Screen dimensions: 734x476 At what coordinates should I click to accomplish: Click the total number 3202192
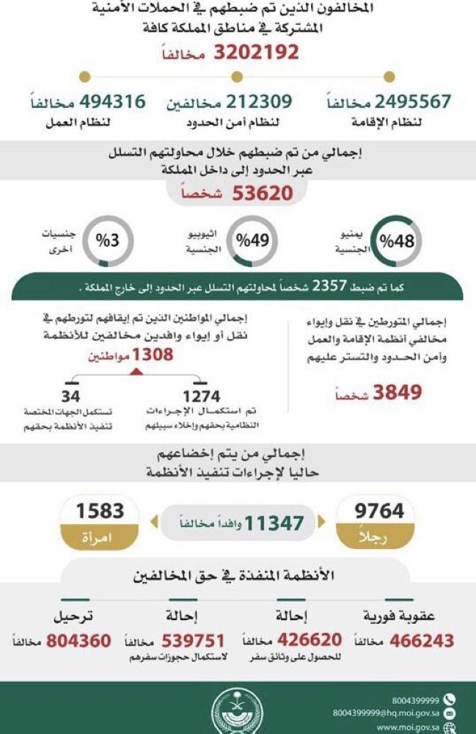257,53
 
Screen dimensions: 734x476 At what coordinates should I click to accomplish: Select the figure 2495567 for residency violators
413,102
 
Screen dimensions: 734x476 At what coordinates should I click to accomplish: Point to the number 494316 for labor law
106,102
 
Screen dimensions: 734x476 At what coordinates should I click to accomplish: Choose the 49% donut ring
252,240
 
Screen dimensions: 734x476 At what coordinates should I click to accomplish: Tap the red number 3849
398,392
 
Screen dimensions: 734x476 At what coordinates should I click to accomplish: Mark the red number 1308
153,355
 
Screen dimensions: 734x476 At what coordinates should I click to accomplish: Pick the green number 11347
274,523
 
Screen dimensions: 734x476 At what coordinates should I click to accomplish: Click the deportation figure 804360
78,641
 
